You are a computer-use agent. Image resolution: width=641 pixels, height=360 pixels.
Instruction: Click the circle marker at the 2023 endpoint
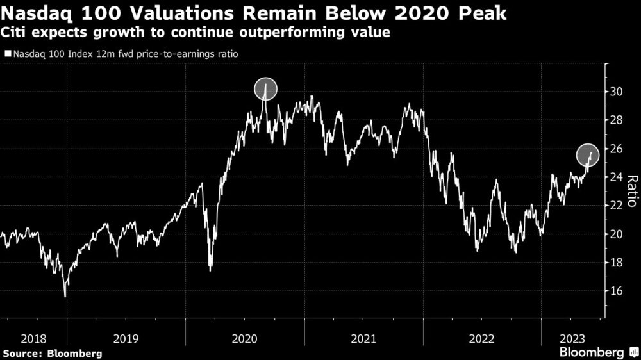[588, 154]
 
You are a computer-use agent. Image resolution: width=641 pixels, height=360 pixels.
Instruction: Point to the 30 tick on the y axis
[617, 92]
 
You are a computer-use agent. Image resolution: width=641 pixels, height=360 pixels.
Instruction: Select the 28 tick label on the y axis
[617, 120]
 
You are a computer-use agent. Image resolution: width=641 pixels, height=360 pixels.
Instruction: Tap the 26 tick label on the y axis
[617, 149]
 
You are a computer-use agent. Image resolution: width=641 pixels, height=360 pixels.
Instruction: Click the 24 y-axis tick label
[617, 177]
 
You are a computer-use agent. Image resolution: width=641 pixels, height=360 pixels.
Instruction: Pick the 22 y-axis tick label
[617, 206]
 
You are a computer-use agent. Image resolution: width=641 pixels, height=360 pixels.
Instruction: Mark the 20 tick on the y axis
[617, 234]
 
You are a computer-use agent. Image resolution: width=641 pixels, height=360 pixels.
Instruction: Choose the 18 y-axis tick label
[617, 263]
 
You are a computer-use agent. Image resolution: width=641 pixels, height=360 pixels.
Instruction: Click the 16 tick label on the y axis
[617, 291]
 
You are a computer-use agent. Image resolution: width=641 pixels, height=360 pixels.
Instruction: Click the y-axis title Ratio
[631, 191]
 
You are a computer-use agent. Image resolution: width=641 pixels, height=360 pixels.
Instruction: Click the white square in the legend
[7, 54]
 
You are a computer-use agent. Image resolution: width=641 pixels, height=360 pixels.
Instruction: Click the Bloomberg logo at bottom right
[592, 352]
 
